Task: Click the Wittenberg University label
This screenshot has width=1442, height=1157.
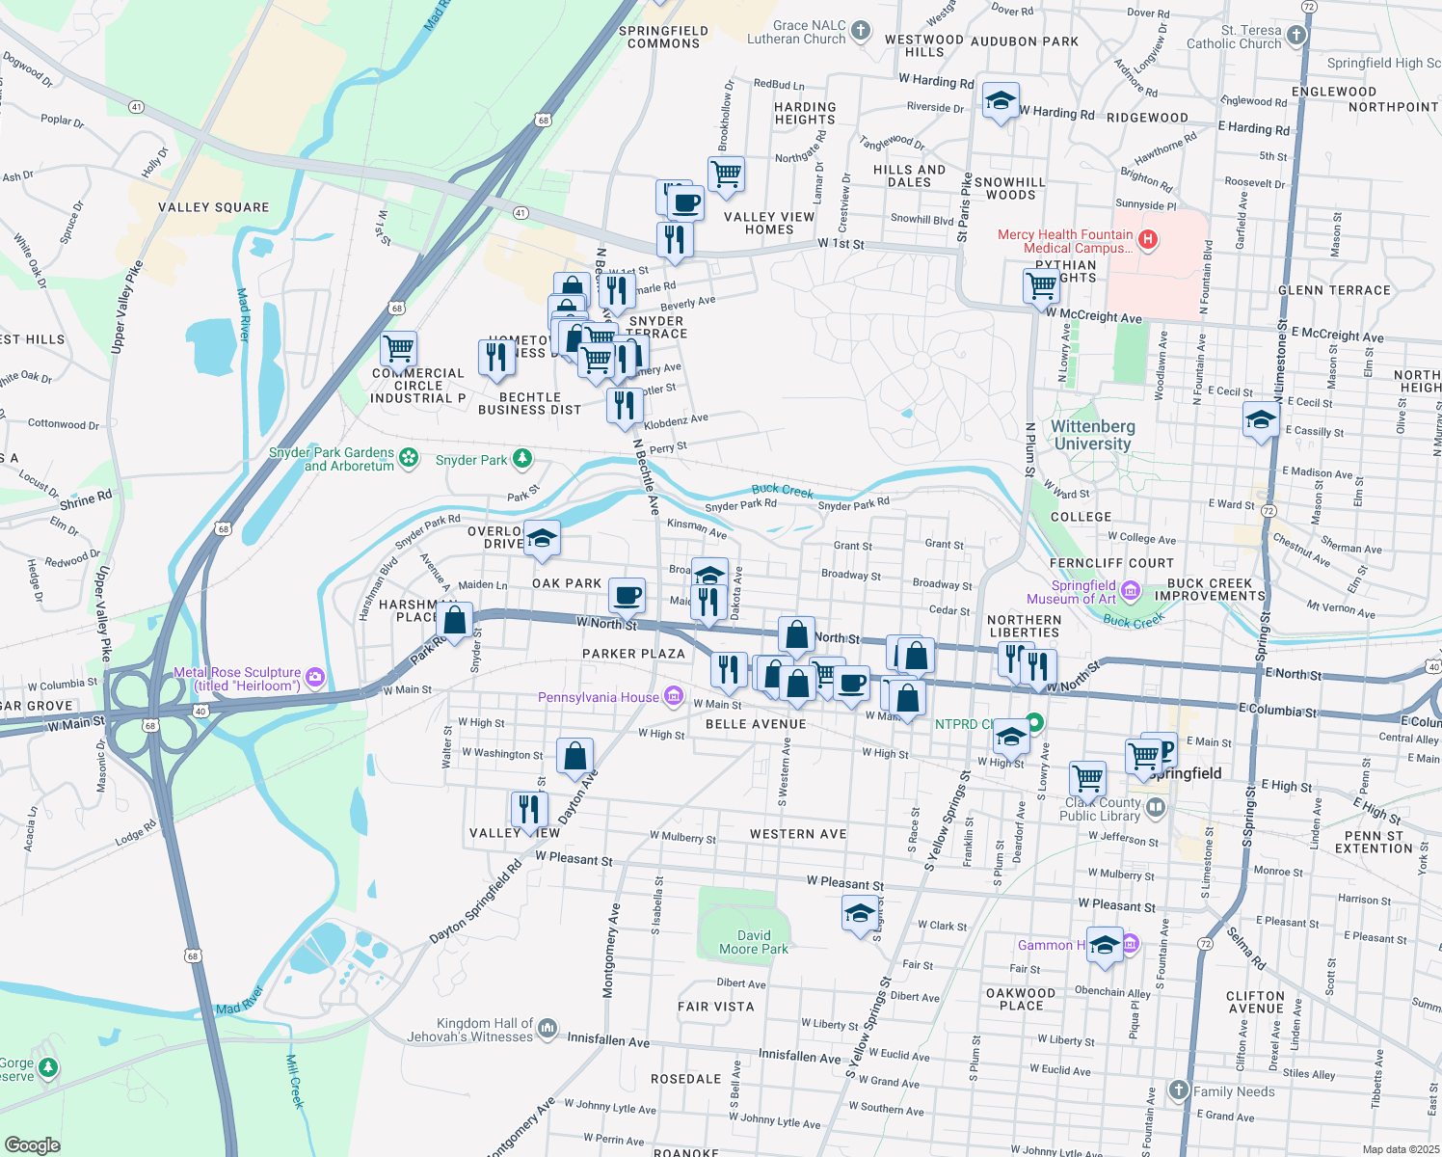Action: coord(1092,435)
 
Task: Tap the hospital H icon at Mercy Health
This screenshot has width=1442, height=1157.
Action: coord(1148,240)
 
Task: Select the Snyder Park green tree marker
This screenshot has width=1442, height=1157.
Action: coord(522,459)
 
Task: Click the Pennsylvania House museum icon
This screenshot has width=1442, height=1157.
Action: coord(674,696)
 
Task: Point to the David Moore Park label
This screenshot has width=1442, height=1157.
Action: coord(754,942)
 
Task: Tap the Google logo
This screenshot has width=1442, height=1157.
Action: coord(32,1144)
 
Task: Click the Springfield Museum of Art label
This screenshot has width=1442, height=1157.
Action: coord(1083,592)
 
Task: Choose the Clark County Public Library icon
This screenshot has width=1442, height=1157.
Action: coord(1156,807)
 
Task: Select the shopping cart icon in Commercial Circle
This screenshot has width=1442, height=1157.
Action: coord(398,348)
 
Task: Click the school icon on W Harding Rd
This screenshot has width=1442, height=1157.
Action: coord(1001,100)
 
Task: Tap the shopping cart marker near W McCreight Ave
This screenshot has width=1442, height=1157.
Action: coord(1042,285)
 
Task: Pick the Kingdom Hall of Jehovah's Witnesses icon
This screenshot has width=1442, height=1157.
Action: coord(547,1029)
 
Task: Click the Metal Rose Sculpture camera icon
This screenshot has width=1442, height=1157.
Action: coord(315,679)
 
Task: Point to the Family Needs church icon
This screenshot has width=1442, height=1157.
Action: coord(1179,1090)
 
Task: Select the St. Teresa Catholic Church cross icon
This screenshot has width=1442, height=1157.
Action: coord(1296,36)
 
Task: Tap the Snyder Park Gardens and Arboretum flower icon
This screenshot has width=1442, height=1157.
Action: coord(409,458)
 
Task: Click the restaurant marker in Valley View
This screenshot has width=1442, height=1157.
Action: coord(528,809)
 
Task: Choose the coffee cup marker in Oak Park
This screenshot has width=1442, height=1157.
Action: coord(627,595)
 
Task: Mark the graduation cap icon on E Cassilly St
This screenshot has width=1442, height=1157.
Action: coord(1261,420)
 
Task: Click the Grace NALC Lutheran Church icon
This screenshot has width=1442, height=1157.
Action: coord(861,32)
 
